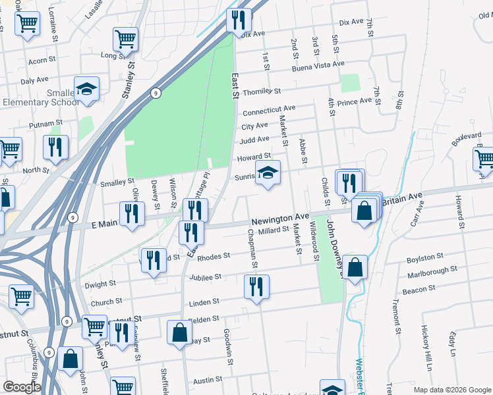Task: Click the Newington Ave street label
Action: pyautogui.click(x=280, y=217)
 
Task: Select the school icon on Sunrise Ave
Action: pyautogui.click(x=268, y=173)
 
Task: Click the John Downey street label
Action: pyautogui.click(x=342, y=250)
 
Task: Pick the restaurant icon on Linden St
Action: pyautogui.click(x=256, y=286)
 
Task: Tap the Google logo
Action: pyautogui.click(x=22, y=387)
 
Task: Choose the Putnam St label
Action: pyautogui.click(x=45, y=123)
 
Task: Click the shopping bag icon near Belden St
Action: pyautogui.click(x=179, y=332)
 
